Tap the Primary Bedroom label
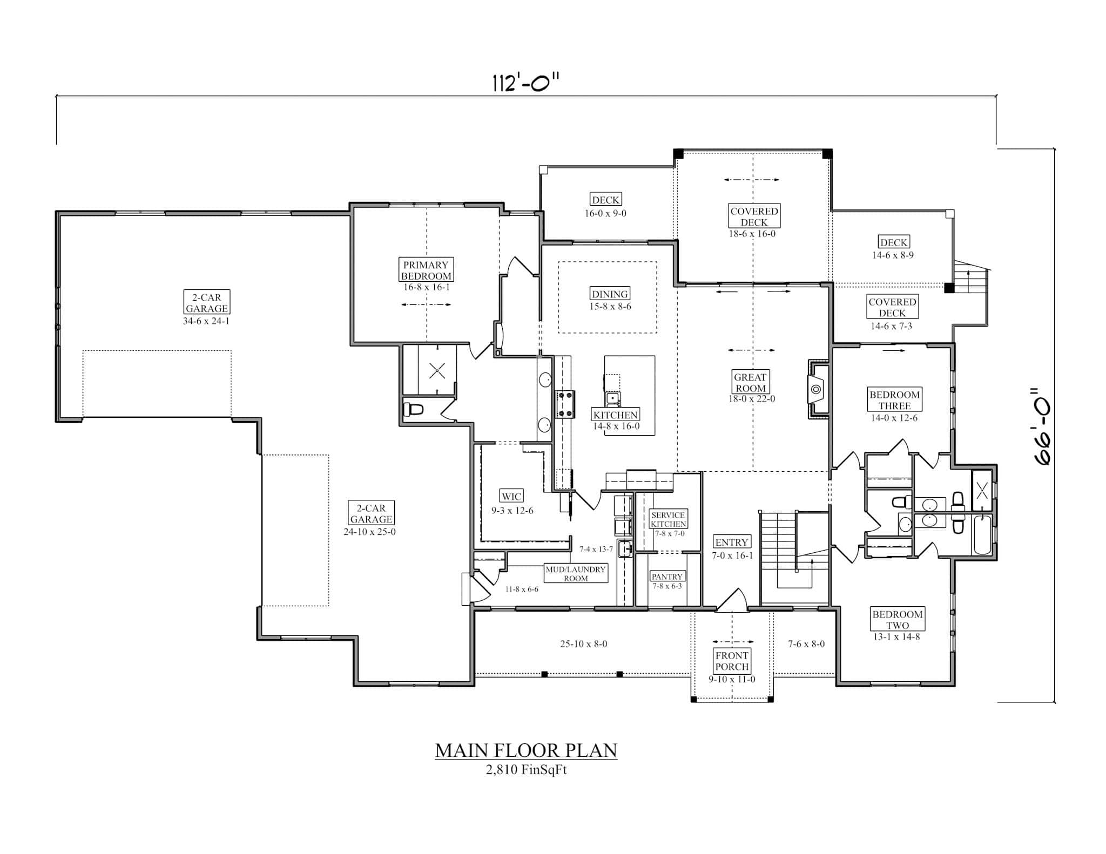426,270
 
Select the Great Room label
750,382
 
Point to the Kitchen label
615,415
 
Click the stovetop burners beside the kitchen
566,404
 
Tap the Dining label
610,294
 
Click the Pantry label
667,577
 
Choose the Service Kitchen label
668,519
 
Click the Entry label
732,542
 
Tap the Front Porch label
732,661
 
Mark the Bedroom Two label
897,620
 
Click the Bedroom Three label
894,400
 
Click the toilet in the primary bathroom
414,410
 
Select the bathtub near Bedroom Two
982,535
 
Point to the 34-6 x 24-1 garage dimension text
206,321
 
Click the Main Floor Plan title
526,750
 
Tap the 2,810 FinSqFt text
526,770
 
